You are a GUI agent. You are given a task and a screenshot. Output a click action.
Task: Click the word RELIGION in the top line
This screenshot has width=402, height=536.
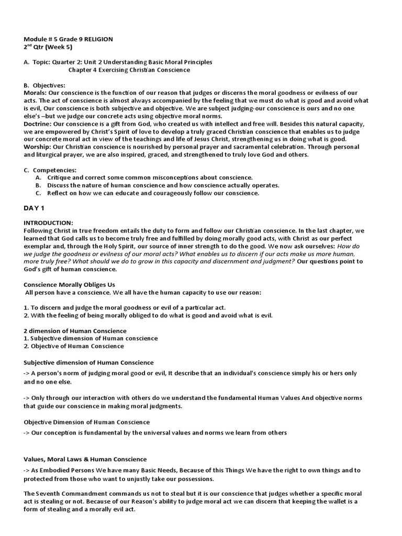click(96, 39)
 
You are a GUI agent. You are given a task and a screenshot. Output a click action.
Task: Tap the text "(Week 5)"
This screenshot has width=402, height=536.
click(55, 47)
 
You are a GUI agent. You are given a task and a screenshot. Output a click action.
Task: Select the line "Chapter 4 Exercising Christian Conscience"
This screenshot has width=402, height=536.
click(129, 70)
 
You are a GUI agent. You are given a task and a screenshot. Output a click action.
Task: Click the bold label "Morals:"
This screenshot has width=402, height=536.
click(35, 93)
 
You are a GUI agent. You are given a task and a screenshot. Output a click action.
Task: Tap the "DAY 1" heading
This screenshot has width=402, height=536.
click(36, 208)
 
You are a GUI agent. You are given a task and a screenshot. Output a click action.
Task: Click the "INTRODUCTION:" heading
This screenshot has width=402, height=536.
click(49, 223)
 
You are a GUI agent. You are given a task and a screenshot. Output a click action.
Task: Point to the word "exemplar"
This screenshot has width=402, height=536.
click(38, 246)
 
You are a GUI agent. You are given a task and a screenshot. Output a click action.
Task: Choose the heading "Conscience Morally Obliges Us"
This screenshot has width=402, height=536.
click(69, 284)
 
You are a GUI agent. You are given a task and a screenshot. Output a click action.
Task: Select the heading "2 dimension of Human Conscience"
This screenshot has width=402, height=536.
click(75, 331)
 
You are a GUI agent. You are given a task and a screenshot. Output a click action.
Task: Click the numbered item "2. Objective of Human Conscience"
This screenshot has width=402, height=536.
click(74, 346)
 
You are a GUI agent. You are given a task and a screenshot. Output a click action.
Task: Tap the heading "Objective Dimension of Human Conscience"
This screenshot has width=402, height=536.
click(86, 422)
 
